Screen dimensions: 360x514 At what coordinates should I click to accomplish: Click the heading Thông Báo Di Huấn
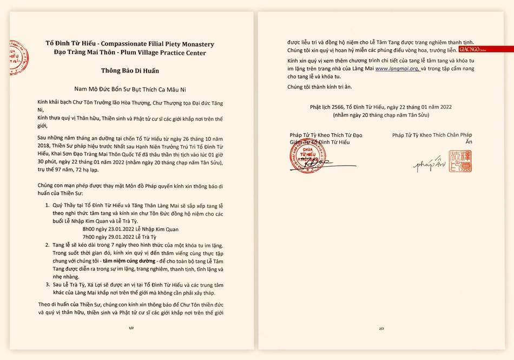[130, 70]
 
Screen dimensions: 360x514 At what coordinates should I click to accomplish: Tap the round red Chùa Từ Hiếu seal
[308, 158]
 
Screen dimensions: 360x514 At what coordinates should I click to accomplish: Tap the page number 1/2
[130, 328]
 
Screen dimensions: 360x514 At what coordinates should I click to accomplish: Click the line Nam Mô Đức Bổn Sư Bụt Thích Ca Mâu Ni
[130, 87]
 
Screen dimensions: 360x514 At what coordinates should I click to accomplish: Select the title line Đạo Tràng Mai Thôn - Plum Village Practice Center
[130, 53]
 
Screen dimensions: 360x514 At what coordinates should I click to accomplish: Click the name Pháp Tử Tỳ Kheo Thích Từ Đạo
[326, 135]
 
